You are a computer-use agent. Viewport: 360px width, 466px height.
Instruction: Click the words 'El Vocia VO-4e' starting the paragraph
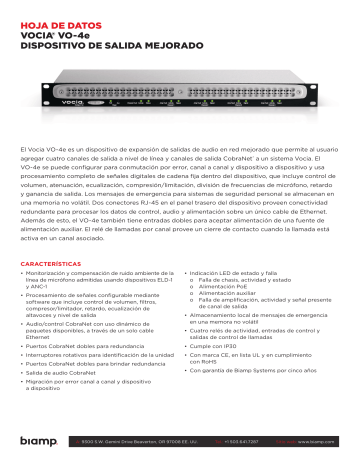tap(48, 149)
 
